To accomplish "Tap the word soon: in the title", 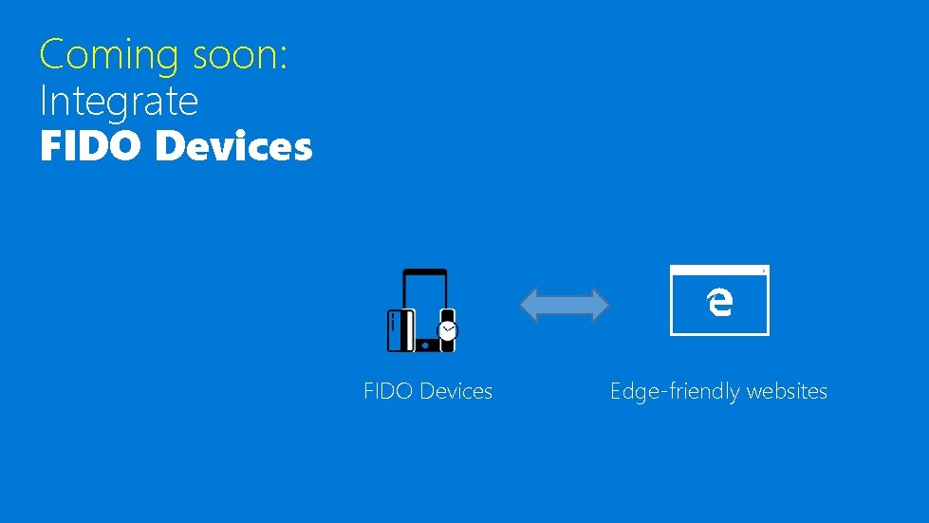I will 240,54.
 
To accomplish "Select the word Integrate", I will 119,101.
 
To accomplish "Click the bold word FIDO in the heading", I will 91,147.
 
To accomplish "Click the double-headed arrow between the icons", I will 565,305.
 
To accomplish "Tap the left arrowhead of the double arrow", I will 530,305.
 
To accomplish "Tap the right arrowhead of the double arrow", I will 600,305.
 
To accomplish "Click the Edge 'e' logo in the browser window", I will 719,302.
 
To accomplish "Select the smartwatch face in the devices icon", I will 447,330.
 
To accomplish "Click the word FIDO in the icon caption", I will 388,391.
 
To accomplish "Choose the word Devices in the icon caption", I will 455,391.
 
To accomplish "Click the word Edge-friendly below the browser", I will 676,391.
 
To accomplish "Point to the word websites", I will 787,391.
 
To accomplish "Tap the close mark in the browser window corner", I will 763,271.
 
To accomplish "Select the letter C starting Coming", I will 51,54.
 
